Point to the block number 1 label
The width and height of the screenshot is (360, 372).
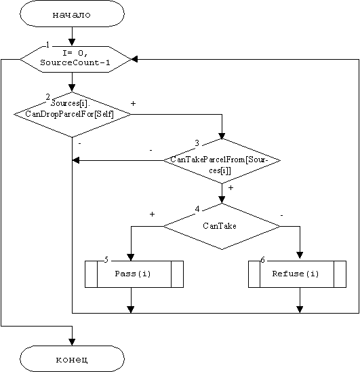(x=48, y=45)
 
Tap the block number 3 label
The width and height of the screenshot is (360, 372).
(x=197, y=143)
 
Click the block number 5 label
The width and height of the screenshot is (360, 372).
(x=106, y=260)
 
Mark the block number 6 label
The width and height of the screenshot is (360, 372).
(x=262, y=260)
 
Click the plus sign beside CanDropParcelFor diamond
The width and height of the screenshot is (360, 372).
(x=133, y=103)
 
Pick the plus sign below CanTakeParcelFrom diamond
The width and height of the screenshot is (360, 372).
(x=231, y=187)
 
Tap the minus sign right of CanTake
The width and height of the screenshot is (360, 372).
(x=281, y=215)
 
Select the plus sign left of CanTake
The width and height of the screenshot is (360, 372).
(x=152, y=215)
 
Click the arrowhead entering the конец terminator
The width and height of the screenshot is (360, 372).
(x=72, y=342)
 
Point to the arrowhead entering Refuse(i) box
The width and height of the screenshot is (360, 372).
(x=300, y=255)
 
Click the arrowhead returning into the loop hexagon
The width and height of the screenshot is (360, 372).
(x=134, y=59)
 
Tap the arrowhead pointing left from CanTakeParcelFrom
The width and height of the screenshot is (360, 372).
(x=76, y=160)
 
